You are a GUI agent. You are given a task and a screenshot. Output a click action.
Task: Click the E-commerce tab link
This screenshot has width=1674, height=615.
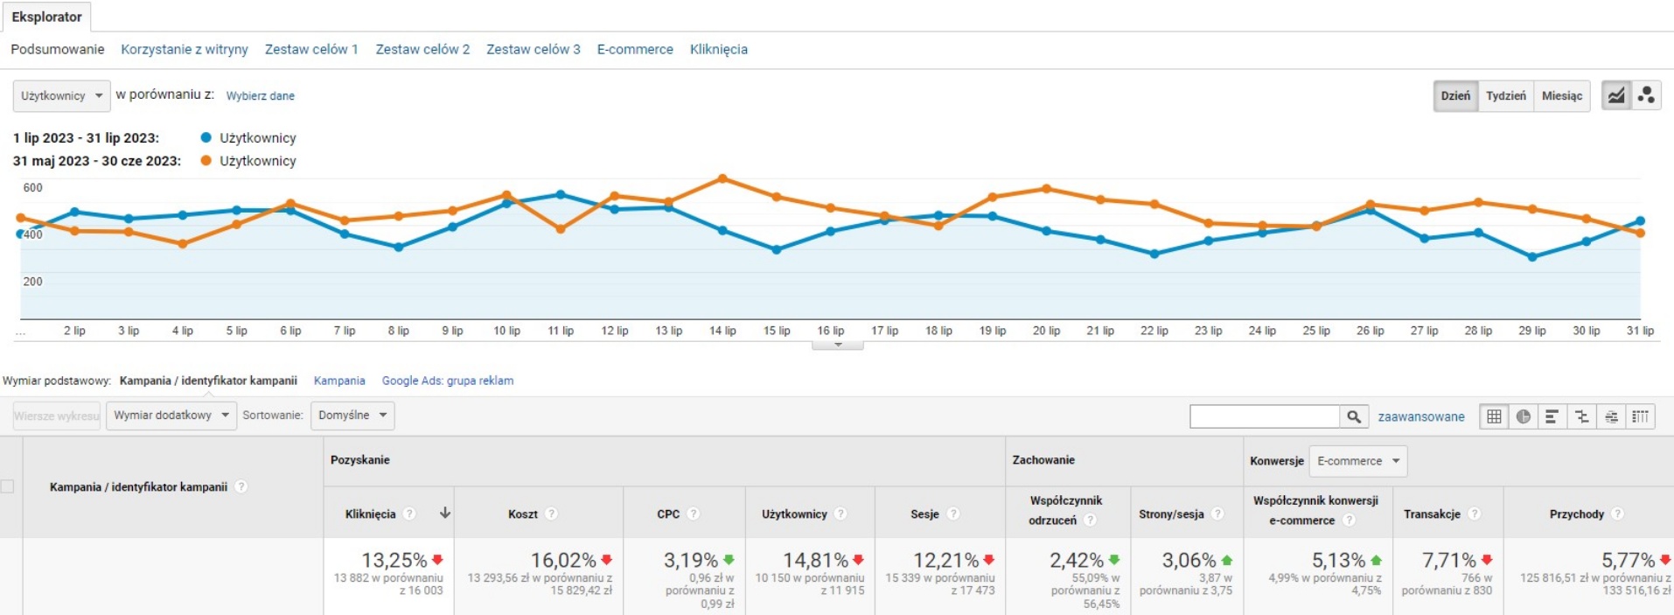coord(635,49)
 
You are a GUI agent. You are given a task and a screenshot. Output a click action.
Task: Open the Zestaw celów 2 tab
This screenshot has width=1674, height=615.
coord(422,49)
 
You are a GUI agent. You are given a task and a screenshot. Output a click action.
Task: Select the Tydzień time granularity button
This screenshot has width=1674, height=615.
coord(1505,95)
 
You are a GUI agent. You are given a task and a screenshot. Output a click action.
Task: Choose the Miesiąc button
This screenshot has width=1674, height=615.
coord(1561,95)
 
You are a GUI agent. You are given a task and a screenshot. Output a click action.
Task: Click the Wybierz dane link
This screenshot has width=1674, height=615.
coord(260,96)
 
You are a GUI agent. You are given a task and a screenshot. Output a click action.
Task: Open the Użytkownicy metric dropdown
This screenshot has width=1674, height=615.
coord(61,95)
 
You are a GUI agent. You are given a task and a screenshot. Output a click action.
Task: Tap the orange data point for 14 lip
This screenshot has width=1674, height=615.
coord(722,178)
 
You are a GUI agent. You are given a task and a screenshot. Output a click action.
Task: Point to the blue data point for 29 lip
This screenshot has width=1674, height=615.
coord(1531,257)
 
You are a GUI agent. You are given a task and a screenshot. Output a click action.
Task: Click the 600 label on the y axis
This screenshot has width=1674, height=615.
coord(32,187)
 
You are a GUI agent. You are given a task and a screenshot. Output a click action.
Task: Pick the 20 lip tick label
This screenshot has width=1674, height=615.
coord(1046,331)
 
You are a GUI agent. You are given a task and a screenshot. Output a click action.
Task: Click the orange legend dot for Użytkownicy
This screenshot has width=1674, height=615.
coord(206,161)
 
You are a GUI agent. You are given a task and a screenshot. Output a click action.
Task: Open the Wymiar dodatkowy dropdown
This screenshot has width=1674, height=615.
coord(171,415)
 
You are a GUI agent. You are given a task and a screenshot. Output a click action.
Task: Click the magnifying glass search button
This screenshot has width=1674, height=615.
coord(1353,416)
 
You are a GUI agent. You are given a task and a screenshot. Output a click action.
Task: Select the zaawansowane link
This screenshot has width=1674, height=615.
coord(1420,416)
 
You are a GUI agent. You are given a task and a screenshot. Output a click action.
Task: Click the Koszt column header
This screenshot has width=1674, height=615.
coord(523,514)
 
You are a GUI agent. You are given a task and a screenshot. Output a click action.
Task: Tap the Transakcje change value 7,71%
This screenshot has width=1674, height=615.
coord(1448,560)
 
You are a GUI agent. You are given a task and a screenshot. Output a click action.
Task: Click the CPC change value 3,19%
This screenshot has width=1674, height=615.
coord(690,560)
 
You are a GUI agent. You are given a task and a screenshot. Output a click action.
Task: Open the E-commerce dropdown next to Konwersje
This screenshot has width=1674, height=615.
coord(1357,461)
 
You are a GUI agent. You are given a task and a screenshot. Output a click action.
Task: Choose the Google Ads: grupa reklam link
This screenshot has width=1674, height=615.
coord(447,381)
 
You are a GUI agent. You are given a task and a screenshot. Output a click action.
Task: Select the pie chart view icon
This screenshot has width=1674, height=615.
coord(1523,416)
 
